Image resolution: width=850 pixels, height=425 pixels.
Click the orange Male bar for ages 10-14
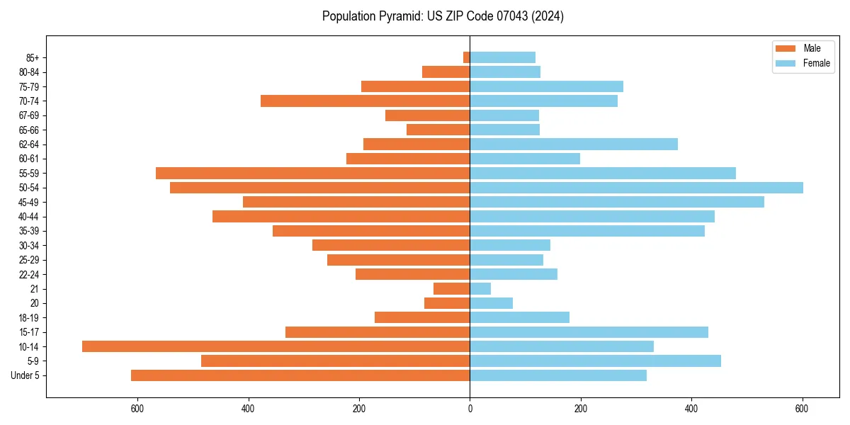point(276,346)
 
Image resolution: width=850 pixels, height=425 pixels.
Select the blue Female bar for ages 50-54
point(636,188)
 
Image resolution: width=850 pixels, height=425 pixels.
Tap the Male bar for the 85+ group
point(466,57)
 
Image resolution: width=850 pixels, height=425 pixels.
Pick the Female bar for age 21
point(480,289)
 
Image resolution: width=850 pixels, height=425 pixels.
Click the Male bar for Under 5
point(300,375)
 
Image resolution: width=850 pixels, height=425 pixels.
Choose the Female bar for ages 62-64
point(574,144)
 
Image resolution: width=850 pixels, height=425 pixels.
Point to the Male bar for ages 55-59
point(312,174)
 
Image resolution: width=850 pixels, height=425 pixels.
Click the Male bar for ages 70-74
point(365,101)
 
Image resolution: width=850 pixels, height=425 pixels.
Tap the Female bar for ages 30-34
point(510,246)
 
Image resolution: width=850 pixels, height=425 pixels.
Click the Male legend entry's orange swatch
point(786,48)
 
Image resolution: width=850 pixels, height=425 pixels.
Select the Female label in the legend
point(816,63)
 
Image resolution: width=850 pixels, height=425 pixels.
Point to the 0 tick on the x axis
point(470,409)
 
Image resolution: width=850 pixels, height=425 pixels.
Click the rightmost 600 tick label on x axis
point(802,409)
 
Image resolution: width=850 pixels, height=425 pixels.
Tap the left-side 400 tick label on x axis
point(248,409)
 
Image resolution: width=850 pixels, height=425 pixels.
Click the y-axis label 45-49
point(29,203)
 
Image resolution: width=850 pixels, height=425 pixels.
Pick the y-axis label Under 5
point(25,375)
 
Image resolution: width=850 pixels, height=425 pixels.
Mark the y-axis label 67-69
point(29,115)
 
